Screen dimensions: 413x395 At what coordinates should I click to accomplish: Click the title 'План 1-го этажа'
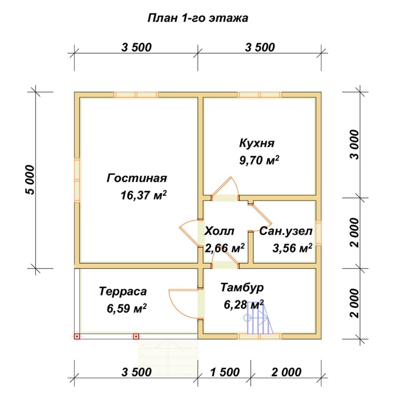click(197, 18)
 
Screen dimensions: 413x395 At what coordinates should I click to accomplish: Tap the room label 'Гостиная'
click(137, 178)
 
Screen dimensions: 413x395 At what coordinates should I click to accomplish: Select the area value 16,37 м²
click(144, 195)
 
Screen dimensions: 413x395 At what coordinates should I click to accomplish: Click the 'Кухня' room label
click(257, 144)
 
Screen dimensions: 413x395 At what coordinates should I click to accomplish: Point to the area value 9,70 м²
click(259, 160)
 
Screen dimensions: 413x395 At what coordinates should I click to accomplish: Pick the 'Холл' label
click(219, 231)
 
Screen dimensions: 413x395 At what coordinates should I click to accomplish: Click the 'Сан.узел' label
click(286, 231)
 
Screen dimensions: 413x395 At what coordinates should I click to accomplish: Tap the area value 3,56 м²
click(292, 248)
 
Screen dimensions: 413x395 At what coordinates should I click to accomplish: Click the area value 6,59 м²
click(126, 308)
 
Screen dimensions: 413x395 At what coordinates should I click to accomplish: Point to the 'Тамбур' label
click(242, 288)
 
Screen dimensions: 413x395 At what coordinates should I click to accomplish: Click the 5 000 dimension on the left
click(29, 180)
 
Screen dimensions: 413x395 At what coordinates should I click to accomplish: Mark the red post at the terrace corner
click(77, 337)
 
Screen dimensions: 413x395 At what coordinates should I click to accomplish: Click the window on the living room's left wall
click(77, 180)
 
